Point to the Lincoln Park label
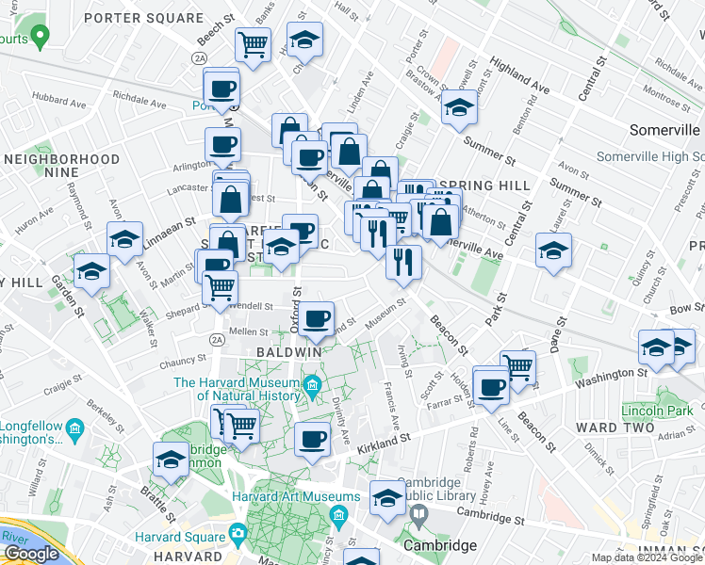tap(656, 411)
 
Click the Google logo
tap(31, 554)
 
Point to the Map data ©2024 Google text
tap(647, 557)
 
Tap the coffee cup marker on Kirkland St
tap(312, 438)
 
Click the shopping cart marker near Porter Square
tap(253, 43)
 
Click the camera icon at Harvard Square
tap(238, 533)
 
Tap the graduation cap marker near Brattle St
tap(171, 460)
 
